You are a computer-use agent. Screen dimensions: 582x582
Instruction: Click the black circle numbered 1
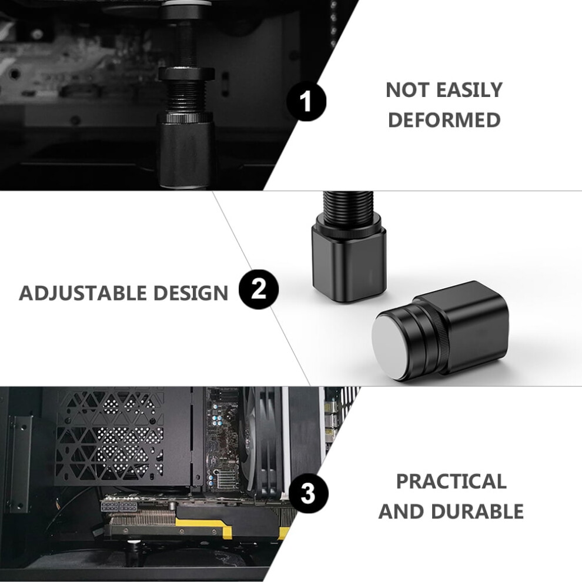tap(306, 101)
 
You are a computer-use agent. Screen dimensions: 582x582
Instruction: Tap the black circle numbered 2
tap(259, 289)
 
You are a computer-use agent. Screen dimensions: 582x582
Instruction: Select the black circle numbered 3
tap(308, 494)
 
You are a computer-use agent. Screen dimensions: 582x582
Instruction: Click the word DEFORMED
tap(444, 120)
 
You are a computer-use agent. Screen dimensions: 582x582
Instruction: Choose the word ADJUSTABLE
tap(83, 293)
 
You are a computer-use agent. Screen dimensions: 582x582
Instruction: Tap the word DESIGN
tap(191, 293)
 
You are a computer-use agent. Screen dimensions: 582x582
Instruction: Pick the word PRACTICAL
tap(451, 481)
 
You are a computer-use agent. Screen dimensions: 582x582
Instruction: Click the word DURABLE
tap(477, 511)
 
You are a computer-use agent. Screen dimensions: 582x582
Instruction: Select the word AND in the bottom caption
tap(401, 511)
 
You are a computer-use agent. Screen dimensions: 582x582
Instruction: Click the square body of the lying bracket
tap(471, 327)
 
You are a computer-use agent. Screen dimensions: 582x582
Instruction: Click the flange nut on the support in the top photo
tap(187, 73)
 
